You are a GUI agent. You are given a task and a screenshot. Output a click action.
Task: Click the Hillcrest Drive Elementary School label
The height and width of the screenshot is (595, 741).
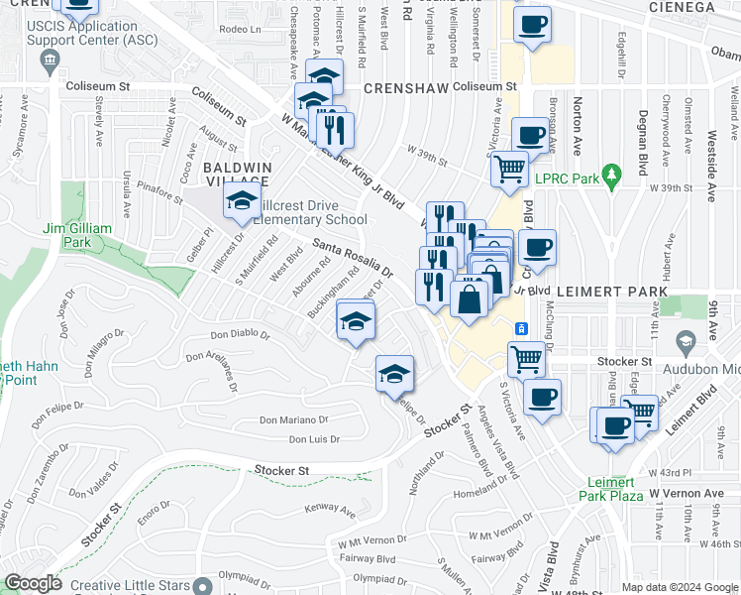[310, 211]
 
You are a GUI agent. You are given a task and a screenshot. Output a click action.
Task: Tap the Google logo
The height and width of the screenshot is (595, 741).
[33, 583]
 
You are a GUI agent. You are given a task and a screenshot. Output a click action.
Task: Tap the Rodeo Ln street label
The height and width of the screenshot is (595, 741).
[239, 29]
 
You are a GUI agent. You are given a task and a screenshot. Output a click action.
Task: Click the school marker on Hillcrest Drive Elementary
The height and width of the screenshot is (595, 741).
[241, 201]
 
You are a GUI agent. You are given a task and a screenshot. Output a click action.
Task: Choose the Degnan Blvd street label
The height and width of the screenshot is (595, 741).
[642, 134]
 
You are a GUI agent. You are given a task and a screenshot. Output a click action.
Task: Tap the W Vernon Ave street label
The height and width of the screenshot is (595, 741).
[687, 493]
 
